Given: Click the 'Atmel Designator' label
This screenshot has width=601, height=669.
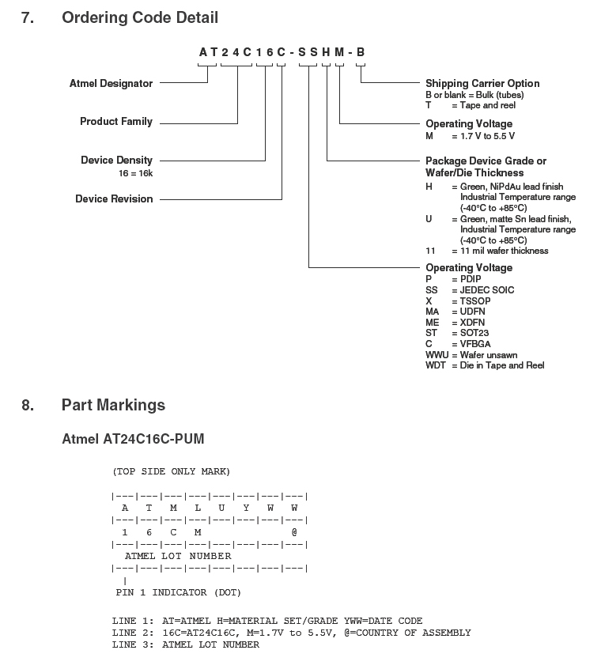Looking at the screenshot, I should [x=111, y=84].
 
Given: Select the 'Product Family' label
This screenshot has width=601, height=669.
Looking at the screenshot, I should [x=116, y=122].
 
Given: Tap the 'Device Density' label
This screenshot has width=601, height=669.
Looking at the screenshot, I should [x=116, y=161].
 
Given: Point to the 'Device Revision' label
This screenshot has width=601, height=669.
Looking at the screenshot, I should [x=114, y=199].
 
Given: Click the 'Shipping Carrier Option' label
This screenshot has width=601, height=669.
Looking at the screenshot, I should [x=482, y=84].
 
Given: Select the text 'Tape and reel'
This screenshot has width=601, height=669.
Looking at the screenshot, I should [x=488, y=105].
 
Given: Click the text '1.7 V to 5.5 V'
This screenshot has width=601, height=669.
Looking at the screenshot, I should [x=488, y=136].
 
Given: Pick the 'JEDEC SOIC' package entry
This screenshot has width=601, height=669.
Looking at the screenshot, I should [x=487, y=290].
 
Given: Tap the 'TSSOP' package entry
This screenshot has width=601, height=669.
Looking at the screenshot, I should [x=476, y=301].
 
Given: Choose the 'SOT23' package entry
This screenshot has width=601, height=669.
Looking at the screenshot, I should [x=476, y=334].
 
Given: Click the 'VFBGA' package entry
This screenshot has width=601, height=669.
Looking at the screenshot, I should [x=476, y=344].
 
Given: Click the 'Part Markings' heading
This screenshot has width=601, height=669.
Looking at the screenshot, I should [x=113, y=405].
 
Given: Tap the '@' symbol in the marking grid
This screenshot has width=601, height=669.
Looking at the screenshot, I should [x=294, y=533].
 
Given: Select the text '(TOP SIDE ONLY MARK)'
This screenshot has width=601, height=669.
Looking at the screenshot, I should [x=171, y=471].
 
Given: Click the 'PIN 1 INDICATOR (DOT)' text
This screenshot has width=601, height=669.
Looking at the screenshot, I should [x=178, y=592].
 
